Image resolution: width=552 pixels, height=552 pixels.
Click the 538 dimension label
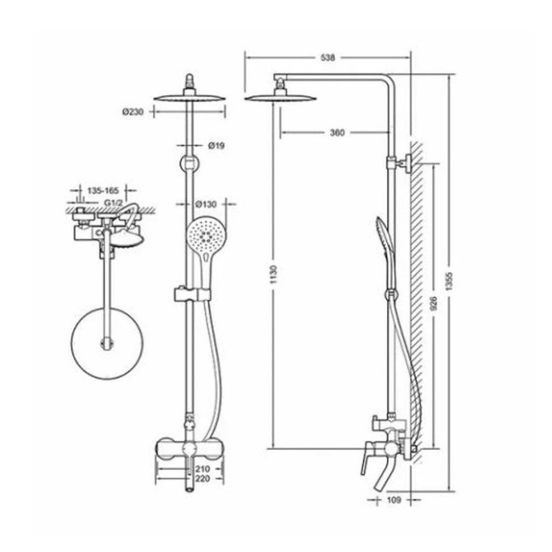click(328, 57)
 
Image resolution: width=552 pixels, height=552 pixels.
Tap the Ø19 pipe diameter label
click(216, 145)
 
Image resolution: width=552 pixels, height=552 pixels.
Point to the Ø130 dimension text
click(206, 204)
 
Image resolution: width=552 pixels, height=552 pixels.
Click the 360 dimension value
click(337, 132)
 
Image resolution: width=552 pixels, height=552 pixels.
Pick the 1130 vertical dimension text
click(274, 274)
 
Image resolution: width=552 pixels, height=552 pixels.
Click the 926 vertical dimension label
click(434, 303)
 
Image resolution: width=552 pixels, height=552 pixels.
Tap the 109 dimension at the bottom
click(393, 500)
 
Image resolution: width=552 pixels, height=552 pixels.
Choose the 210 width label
click(203, 469)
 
